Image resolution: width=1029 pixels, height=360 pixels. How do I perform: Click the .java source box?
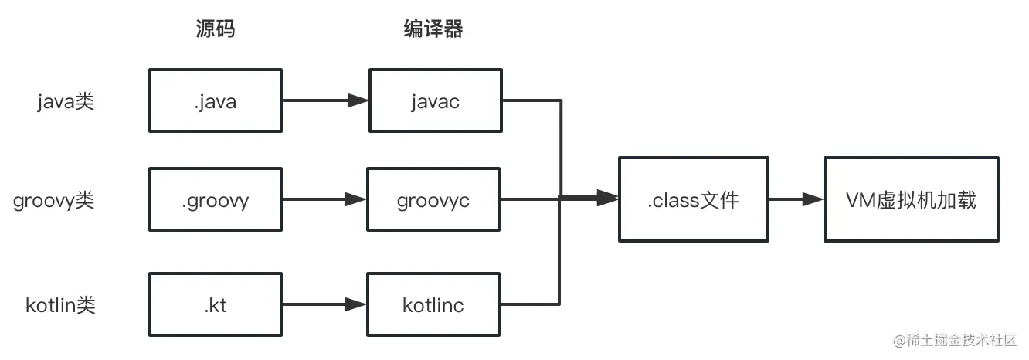216,100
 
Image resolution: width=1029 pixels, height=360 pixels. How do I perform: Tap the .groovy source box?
216,200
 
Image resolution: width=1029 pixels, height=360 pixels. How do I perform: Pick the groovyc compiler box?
433,200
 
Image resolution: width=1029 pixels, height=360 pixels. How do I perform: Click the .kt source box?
216,304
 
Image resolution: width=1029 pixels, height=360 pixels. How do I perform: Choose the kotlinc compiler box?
433,304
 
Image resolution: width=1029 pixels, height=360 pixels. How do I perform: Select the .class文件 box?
693,200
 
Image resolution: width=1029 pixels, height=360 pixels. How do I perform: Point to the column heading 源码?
215,29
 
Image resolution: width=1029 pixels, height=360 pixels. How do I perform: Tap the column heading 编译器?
433,29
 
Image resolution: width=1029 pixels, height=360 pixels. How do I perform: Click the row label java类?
66,101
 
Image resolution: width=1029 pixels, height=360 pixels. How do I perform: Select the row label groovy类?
54,201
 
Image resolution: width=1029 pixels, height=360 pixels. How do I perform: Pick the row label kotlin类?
60,305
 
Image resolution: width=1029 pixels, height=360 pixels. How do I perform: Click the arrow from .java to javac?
325,100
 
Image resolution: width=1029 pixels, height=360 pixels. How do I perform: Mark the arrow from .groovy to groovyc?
325,200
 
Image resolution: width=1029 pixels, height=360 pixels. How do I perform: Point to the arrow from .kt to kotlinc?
325,304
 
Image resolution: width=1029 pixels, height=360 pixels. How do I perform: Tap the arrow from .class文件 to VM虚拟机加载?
796,199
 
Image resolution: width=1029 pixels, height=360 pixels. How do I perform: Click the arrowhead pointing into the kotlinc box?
357,304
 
